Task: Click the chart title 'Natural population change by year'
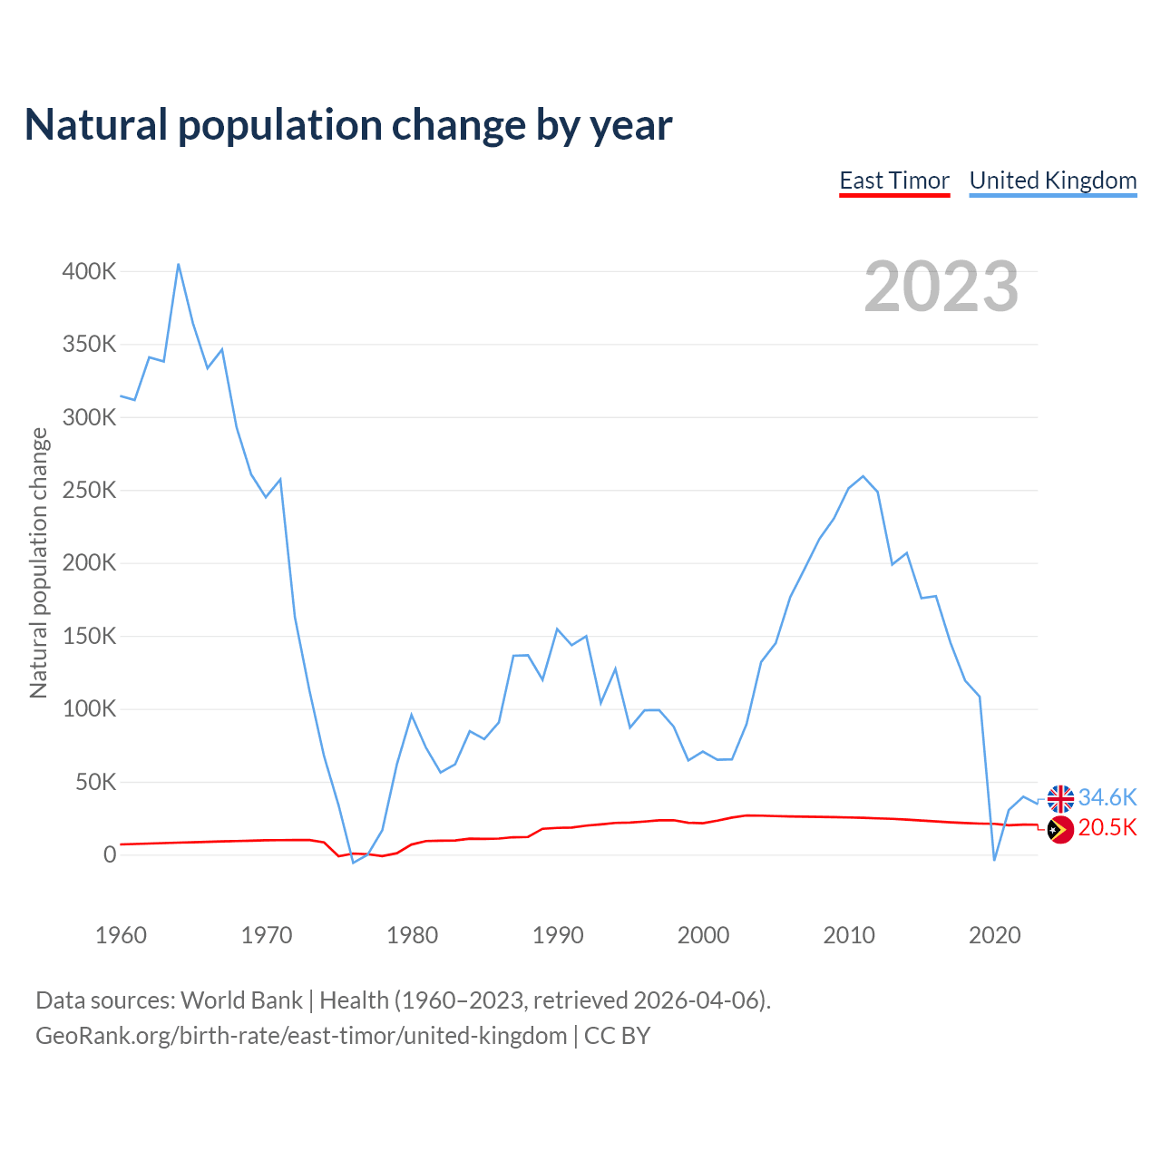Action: [x=348, y=125]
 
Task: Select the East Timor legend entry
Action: [x=894, y=180]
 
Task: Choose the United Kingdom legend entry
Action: [x=1053, y=180]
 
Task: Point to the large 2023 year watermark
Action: [x=941, y=287]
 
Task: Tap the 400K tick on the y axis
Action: [x=89, y=271]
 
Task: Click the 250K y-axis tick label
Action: [x=89, y=491]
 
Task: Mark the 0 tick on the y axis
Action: [x=110, y=854]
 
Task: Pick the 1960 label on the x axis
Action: [x=121, y=935]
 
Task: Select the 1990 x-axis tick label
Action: [x=558, y=935]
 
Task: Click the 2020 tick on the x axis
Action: [x=995, y=935]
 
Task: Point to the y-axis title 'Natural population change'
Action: [x=38, y=563]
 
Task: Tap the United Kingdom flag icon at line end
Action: [x=1060, y=799]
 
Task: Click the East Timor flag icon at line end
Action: [x=1060, y=829]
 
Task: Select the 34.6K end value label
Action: [x=1107, y=797]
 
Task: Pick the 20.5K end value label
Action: [x=1107, y=827]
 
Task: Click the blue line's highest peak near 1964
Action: [x=179, y=264]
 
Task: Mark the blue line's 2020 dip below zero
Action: [x=995, y=860]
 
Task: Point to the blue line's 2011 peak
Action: [x=863, y=476]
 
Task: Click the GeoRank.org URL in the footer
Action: [x=301, y=1036]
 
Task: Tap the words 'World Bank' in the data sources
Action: [x=241, y=1000]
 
